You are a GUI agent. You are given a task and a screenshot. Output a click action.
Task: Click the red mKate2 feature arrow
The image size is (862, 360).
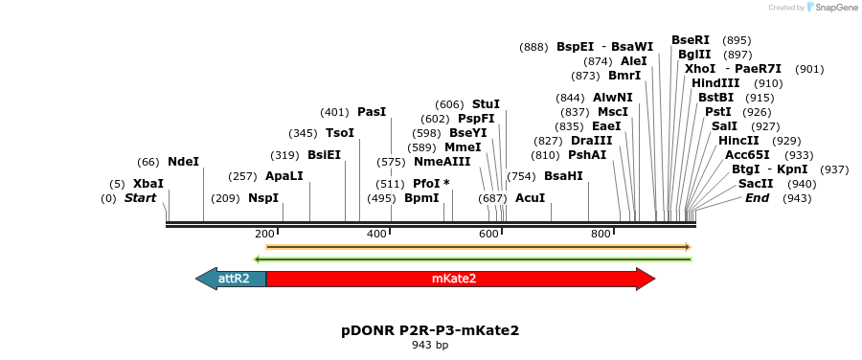click(x=460, y=279)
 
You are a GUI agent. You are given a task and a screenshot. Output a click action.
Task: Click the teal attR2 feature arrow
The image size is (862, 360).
click(x=232, y=279)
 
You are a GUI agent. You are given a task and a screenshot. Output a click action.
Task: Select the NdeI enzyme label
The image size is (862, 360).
click(x=183, y=162)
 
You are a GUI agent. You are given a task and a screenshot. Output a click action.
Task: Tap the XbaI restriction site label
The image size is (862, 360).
click(x=148, y=184)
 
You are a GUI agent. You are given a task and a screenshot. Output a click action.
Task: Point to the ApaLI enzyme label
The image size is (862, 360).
click(x=284, y=176)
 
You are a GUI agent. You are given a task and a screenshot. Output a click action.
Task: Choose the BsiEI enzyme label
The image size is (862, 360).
click(x=324, y=155)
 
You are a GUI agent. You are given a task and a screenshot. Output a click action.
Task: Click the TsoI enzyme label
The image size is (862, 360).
click(x=340, y=133)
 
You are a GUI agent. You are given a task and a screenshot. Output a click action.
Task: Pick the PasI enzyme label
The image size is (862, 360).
click(x=372, y=112)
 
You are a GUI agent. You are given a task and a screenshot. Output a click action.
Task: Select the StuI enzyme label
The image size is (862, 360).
click(x=486, y=104)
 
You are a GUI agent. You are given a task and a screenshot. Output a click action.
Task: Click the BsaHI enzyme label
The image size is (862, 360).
click(x=563, y=176)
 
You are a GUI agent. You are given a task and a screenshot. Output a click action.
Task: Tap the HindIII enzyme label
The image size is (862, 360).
click(x=715, y=83)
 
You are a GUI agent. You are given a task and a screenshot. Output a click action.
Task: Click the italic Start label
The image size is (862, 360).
click(x=141, y=198)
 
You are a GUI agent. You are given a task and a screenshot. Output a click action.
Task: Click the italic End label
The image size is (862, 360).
click(x=757, y=198)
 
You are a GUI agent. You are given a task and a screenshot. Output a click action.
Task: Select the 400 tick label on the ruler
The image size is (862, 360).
click(x=376, y=235)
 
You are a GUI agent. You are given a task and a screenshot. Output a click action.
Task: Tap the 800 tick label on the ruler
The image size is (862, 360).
click(x=601, y=235)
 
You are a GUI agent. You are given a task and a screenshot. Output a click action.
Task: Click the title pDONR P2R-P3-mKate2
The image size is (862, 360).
click(x=430, y=330)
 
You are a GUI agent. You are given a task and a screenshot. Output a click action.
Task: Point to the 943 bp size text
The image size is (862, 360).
click(x=430, y=346)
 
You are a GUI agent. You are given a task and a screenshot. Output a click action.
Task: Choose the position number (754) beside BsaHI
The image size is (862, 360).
click(x=521, y=176)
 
